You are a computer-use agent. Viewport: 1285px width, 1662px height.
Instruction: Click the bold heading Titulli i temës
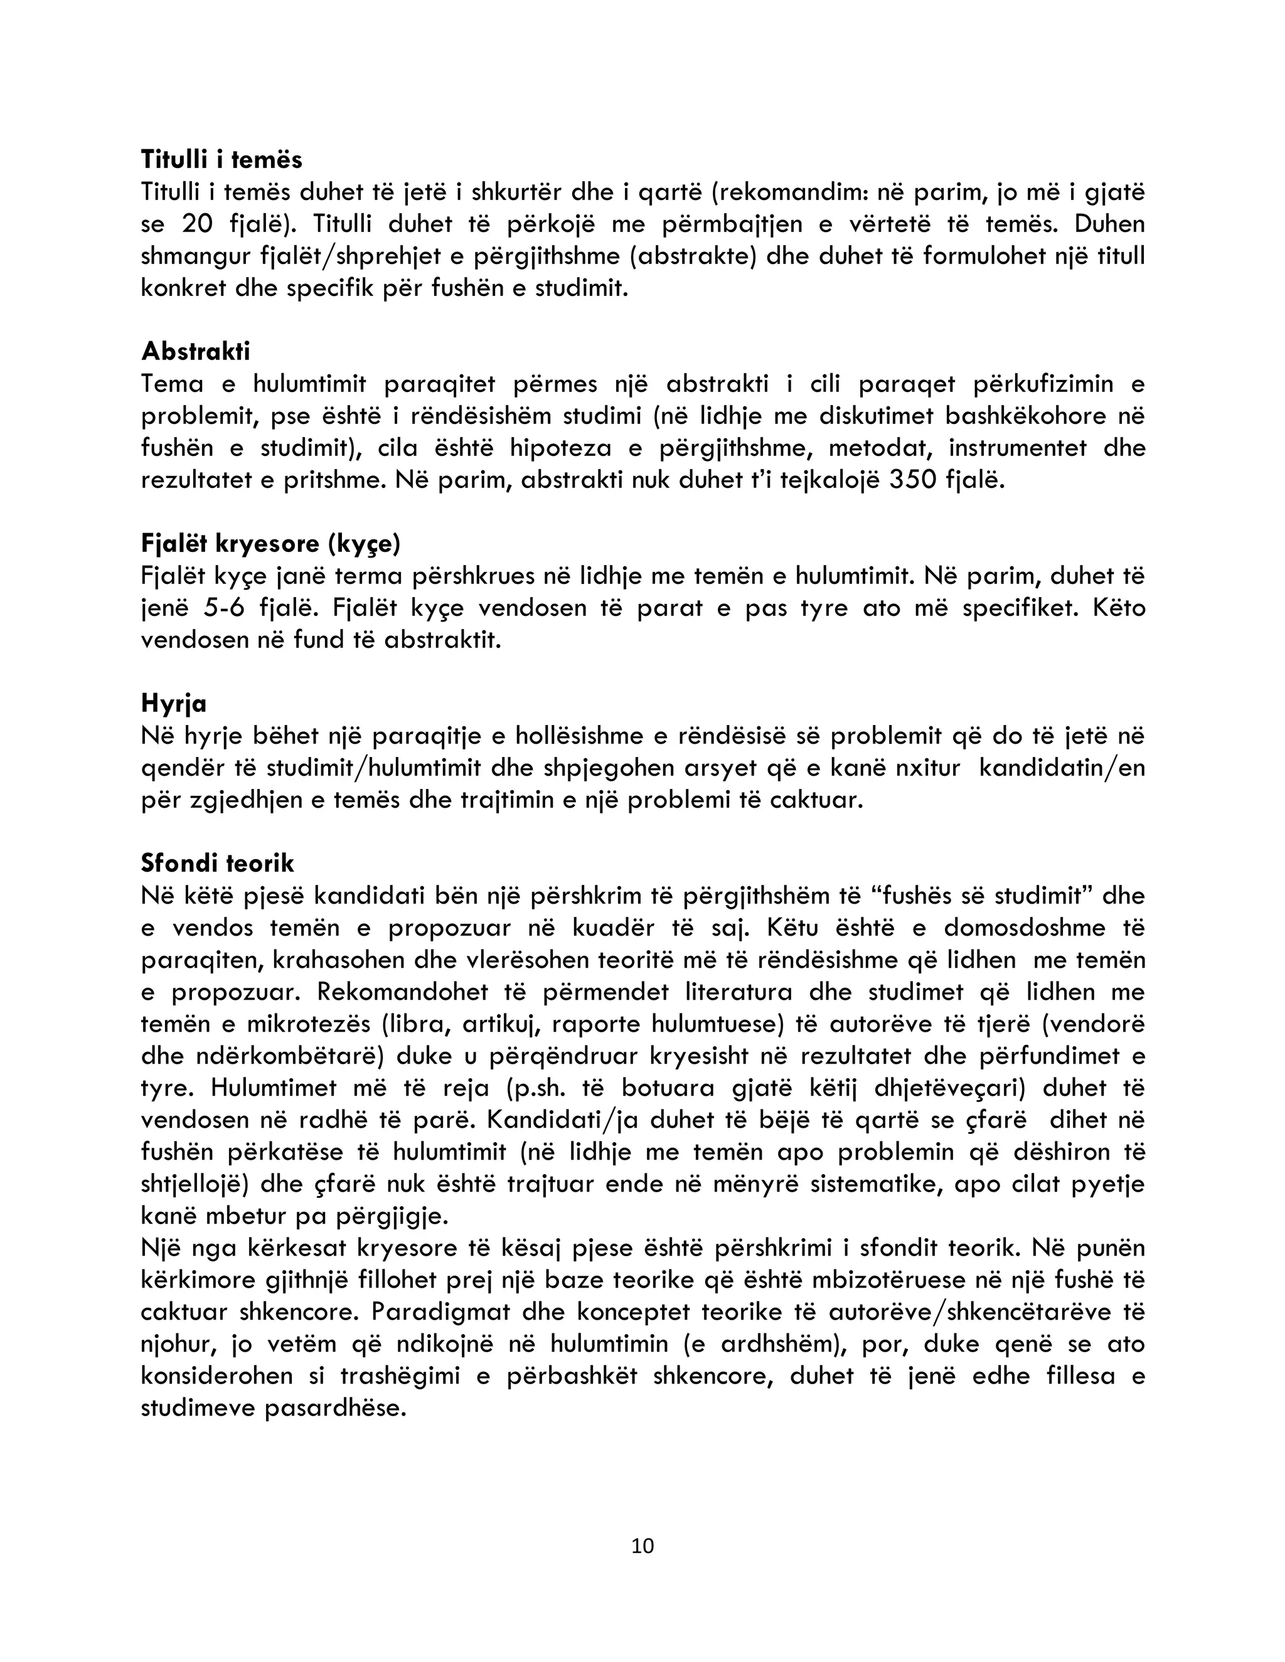click(x=221, y=160)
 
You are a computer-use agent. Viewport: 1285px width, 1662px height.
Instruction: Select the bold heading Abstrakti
click(x=196, y=352)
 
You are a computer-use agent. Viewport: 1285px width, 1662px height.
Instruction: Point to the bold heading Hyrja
click(x=174, y=703)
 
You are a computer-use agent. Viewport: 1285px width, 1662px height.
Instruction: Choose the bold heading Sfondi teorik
click(x=217, y=863)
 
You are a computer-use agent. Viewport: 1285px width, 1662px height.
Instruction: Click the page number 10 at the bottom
click(x=642, y=1545)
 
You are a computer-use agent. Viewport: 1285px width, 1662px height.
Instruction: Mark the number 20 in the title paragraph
click(x=199, y=225)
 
